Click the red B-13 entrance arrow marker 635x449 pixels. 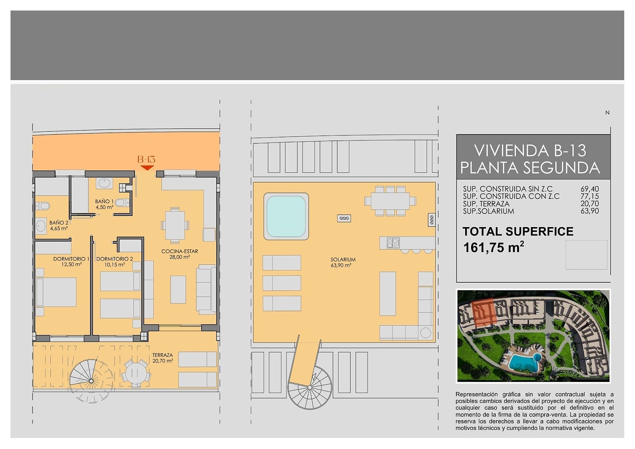pos(147,168)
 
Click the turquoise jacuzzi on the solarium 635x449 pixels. pos(286,216)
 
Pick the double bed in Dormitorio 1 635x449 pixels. pos(56,292)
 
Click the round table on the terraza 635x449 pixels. pos(136,373)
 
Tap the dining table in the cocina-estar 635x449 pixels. pos(175,225)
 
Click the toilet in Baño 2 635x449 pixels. pos(42,206)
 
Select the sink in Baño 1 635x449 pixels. pos(104,183)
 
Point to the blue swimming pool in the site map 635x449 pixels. pos(524,362)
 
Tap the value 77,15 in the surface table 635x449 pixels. pos(590,196)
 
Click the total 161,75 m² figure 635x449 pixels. pos(494,247)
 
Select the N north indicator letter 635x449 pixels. pos(607,113)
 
